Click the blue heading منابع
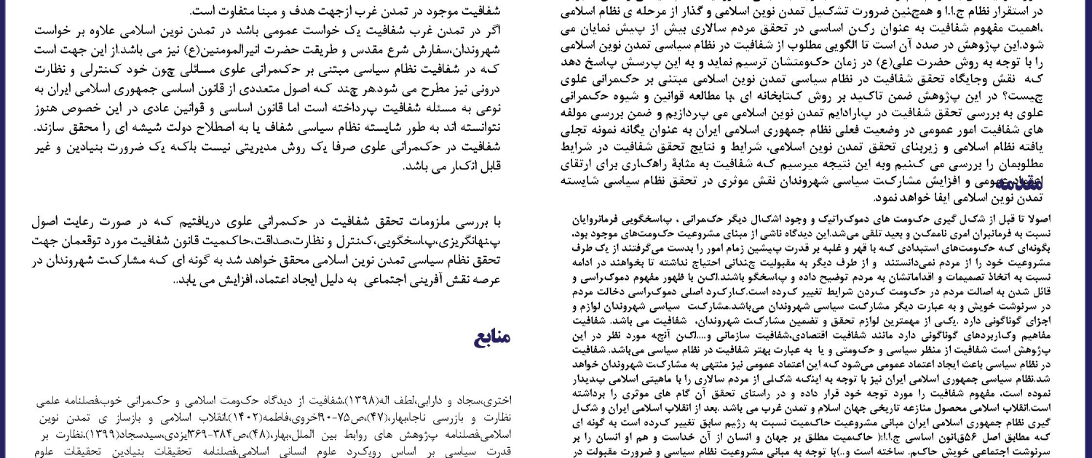tap(493, 337)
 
